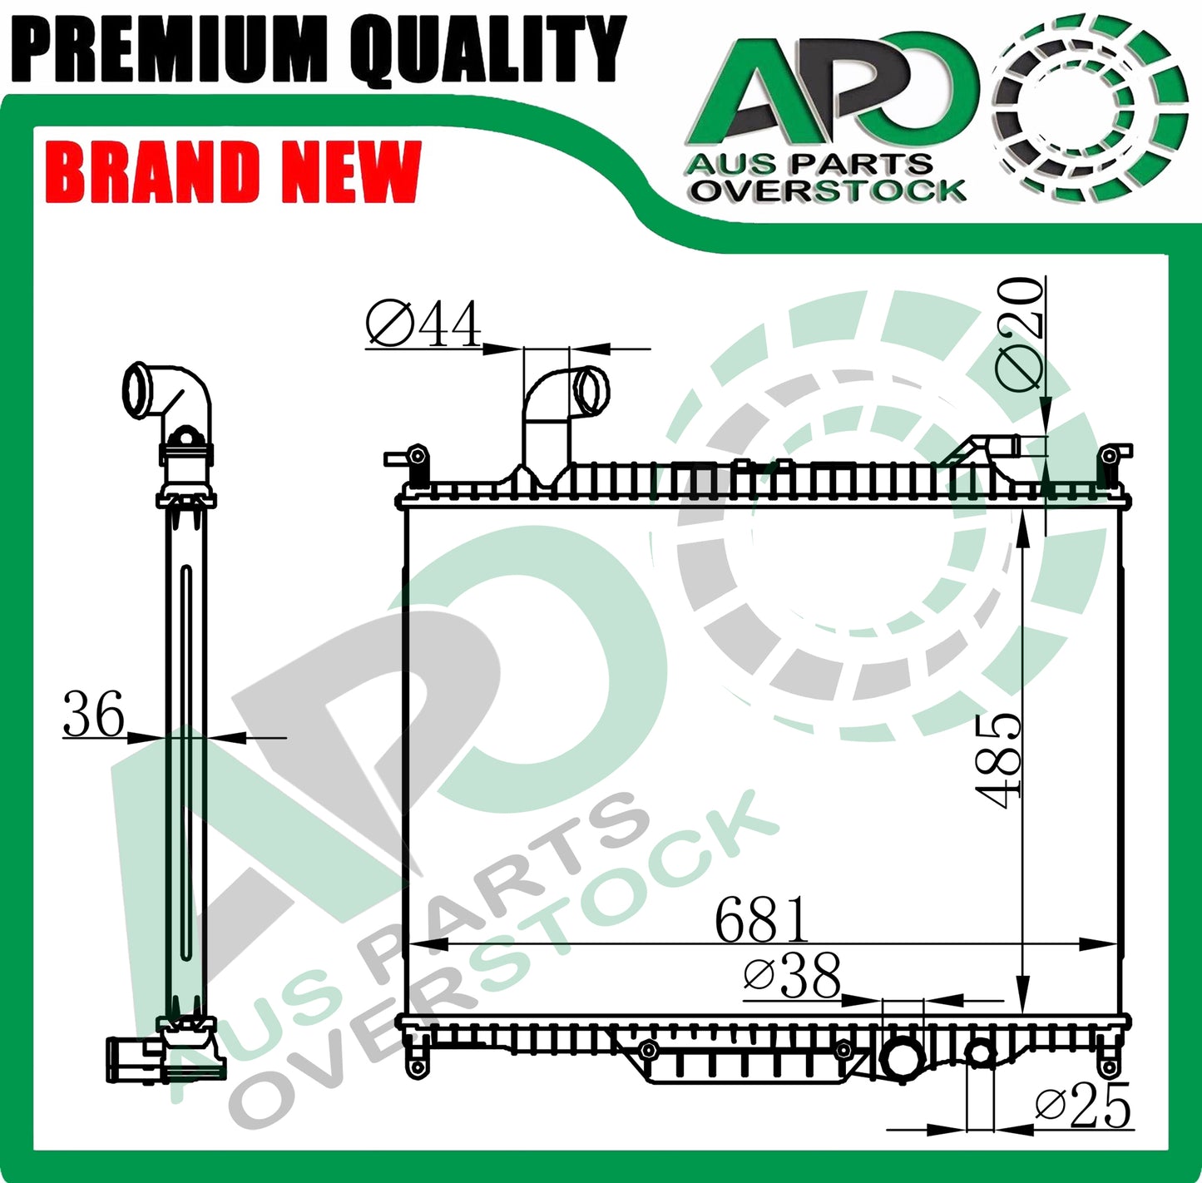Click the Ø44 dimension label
[423, 324]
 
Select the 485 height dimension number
[998, 760]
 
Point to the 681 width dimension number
[761, 920]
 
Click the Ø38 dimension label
[792, 977]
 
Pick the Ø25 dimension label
[1083, 1106]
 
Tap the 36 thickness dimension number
[93, 714]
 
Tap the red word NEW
[350, 173]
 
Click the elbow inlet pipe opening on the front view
[592, 392]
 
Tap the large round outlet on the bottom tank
[903, 1059]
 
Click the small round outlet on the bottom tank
[980, 1054]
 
